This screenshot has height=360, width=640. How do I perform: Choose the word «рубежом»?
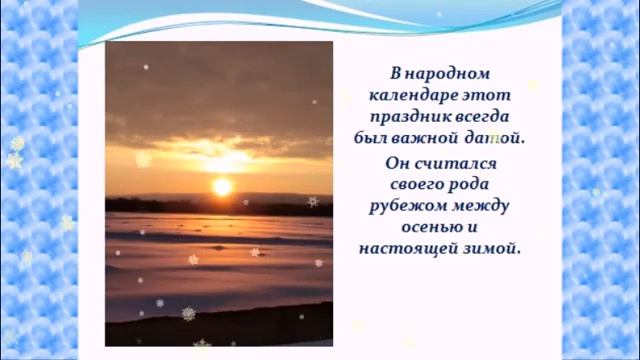click(x=412, y=206)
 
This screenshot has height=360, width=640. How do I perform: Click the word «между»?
click(x=484, y=206)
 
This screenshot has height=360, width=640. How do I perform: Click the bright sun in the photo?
click(x=222, y=187)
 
